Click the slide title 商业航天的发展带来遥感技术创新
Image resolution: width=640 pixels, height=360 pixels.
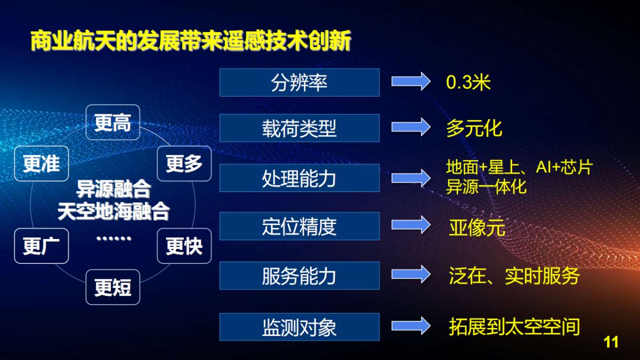point(190,41)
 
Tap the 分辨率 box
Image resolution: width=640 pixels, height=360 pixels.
point(299,82)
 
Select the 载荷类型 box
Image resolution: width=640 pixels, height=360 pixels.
point(299,128)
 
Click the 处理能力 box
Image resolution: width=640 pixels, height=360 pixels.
point(299,178)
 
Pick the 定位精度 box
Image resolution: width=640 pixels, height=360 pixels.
point(299,226)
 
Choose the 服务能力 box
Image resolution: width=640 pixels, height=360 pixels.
point(299,276)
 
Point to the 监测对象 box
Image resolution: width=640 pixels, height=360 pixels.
point(299,326)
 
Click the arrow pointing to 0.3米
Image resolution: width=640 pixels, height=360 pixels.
point(411,82)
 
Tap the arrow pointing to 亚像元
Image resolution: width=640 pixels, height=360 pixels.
point(411,225)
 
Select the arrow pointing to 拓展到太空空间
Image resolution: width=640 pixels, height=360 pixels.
point(411,325)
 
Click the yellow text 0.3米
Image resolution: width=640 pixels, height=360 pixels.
point(468,82)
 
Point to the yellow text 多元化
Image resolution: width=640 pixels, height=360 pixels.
point(474,128)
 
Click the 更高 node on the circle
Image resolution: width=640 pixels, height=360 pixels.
point(113,123)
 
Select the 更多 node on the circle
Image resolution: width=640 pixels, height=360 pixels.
point(184,163)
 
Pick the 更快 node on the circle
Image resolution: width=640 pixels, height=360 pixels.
point(184,246)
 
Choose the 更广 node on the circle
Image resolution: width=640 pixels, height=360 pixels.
point(41,246)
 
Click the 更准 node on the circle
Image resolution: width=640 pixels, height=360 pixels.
point(41,163)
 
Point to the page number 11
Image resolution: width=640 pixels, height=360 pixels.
point(611,342)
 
